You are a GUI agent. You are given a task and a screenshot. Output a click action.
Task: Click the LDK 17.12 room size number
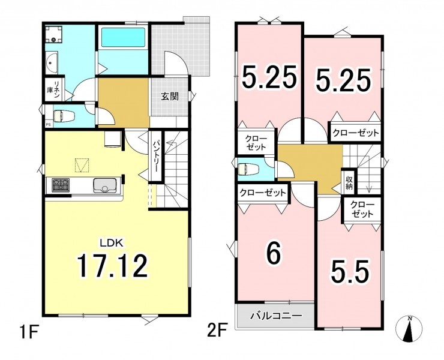(113, 265)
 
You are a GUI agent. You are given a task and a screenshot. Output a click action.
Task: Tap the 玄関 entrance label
(170, 97)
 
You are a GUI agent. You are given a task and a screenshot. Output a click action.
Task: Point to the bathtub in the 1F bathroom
(123, 38)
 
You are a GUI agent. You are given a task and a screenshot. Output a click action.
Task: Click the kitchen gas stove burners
(61, 185)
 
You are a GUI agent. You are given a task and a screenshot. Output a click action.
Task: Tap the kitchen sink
(104, 185)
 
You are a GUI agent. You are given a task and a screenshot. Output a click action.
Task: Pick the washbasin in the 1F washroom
(51, 62)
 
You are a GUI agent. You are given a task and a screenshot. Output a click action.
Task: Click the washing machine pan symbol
(53, 34)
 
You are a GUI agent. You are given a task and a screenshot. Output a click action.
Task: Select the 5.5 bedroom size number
(350, 271)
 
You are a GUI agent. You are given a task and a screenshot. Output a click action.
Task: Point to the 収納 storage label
(349, 182)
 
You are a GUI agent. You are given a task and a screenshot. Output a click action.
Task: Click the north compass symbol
(409, 329)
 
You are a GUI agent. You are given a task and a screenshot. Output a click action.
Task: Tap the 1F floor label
(29, 332)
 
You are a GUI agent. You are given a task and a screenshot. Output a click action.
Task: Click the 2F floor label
(217, 330)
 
